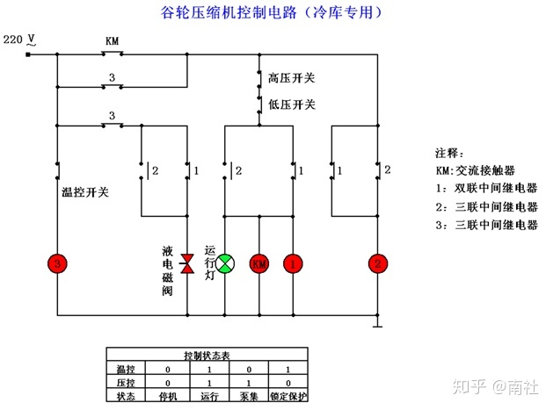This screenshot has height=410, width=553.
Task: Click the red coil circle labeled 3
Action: (x=57, y=263)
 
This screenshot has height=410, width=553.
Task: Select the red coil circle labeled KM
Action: (x=259, y=263)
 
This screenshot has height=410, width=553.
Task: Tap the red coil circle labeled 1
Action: (x=293, y=263)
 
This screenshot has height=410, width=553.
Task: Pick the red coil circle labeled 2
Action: (x=378, y=263)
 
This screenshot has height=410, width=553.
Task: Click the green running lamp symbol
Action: (x=225, y=263)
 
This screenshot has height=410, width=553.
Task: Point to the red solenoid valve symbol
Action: (x=187, y=263)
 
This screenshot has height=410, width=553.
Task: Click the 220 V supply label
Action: (x=19, y=40)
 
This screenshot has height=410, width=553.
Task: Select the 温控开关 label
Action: (x=84, y=191)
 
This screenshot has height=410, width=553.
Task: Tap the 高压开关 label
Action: (x=292, y=78)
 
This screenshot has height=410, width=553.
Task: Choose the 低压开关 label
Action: (x=292, y=104)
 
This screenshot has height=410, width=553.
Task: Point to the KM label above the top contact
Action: (x=112, y=41)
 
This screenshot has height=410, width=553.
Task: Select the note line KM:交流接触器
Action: (x=475, y=169)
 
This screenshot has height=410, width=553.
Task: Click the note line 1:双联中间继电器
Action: (x=485, y=188)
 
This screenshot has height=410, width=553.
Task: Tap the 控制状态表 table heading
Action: (x=207, y=356)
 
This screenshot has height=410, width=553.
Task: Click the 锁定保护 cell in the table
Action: (x=287, y=396)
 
